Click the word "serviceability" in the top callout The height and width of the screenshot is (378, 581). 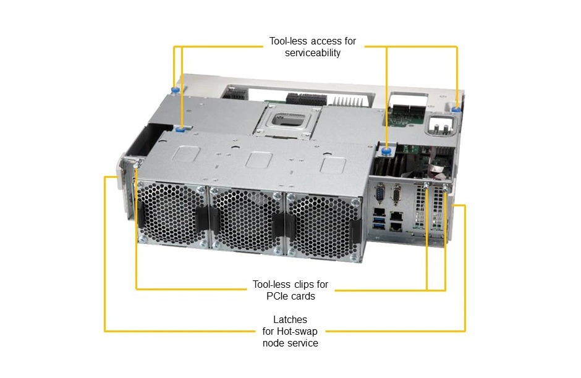[x=312, y=52]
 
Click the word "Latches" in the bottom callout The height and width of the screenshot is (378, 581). [x=290, y=319]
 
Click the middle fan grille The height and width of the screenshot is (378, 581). [x=247, y=220]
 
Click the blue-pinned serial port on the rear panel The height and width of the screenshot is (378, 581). [x=380, y=194]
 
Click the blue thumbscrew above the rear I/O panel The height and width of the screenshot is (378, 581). [x=386, y=151]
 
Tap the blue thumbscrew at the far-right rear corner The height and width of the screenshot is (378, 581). [x=457, y=109]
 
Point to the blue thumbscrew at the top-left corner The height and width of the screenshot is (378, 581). [x=175, y=90]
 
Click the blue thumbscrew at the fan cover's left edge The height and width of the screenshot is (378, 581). [x=181, y=130]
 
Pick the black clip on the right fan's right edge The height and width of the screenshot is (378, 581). [x=356, y=231]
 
